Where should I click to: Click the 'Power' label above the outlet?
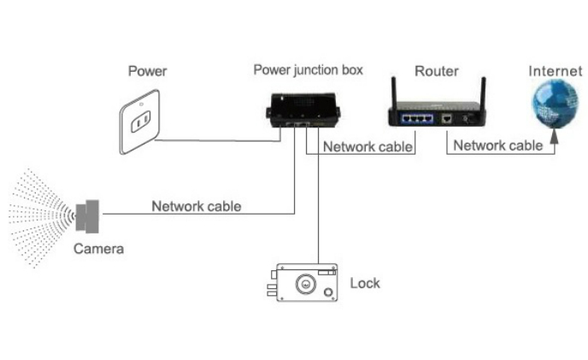point(147,71)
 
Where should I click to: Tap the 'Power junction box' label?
point(309,70)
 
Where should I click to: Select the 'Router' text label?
point(437,71)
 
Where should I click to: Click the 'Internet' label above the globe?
point(556,71)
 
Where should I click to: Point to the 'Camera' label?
point(98,249)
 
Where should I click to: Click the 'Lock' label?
point(365,283)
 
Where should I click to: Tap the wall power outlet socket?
point(140,121)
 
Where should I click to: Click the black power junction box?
point(303,110)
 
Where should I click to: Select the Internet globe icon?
point(555,104)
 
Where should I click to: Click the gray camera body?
point(87,216)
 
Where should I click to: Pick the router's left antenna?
point(394,91)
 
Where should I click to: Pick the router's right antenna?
point(484,91)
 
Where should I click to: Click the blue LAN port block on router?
point(417,119)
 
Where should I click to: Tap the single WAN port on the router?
point(446,119)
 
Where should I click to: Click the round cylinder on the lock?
point(306,284)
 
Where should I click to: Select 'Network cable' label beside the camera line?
point(196,206)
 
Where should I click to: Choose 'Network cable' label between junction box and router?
point(367,147)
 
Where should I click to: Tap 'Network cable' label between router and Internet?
point(498,145)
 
